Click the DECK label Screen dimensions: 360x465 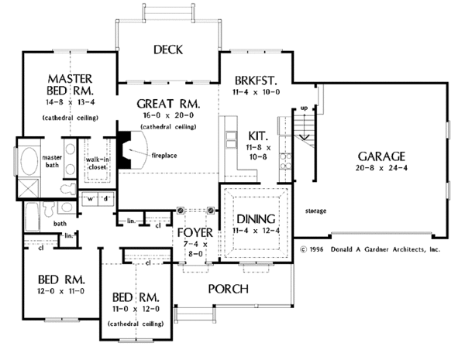pyautogui.click(x=167, y=50)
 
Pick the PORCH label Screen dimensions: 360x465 pyautogui.click(x=229, y=289)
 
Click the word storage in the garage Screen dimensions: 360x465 pyautogui.click(x=315, y=211)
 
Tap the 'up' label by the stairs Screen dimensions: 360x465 pyautogui.click(x=304, y=108)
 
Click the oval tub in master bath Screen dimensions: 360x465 pyautogui.click(x=29, y=161)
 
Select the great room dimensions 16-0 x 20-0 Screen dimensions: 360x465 pyautogui.click(x=168, y=115)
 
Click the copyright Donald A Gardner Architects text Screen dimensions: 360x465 pyautogui.click(x=369, y=250)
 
